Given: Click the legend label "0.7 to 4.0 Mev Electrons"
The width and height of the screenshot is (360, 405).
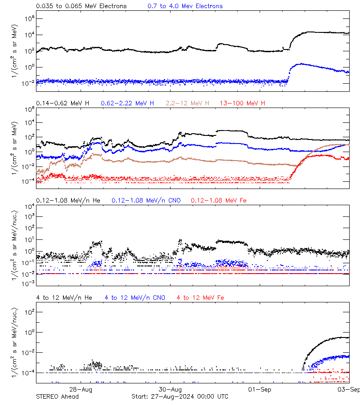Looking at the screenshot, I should click(185, 6).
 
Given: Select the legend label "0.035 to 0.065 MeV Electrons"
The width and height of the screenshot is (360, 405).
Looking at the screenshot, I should click(81, 6).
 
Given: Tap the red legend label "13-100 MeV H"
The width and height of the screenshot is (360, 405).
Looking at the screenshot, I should click(242, 103).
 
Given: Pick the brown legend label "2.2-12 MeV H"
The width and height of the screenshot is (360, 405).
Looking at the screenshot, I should click(188, 103).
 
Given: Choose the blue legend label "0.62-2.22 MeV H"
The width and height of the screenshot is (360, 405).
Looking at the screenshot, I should click(128, 103).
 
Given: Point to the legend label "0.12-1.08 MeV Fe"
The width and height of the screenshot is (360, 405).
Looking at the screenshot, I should click(219, 200).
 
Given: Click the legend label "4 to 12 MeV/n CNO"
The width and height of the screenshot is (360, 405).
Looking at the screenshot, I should click(135, 297).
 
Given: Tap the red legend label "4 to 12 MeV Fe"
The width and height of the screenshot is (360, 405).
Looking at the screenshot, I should click(200, 297).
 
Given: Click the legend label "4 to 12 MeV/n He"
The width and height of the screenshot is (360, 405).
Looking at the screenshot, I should click(64, 297).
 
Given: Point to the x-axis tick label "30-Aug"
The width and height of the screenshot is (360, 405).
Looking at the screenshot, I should click(171, 389).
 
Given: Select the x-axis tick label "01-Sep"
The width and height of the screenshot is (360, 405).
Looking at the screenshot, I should click(259, 389).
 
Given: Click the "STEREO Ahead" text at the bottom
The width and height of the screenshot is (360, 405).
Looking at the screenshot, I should click(57, 396).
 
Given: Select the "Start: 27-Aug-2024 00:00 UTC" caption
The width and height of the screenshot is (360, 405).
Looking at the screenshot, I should click(180, 396).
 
